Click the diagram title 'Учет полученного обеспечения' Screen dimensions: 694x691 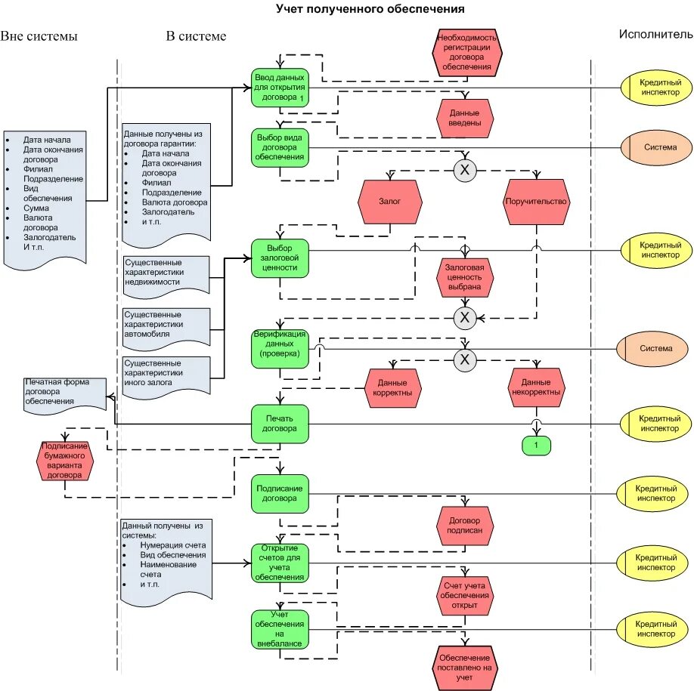(370, 9)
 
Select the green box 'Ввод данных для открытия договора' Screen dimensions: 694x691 (280, 88)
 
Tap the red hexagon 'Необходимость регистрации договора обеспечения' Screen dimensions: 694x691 (467, 53)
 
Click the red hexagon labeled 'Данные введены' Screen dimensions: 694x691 (465, 118)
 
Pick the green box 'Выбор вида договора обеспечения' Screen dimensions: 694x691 (280, 148)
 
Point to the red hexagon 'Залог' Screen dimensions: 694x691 (390, 202)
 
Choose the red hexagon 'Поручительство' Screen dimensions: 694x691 (536, 202)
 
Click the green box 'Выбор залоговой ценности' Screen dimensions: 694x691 (280, 258)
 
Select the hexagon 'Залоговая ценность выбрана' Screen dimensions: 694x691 (465, 277)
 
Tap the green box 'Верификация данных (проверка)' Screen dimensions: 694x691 (280, 349)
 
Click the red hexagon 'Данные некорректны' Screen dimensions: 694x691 (536, 387)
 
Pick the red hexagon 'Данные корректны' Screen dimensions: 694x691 (392, 388)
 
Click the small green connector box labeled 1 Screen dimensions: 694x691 (537, 446)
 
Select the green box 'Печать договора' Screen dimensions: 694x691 (280, 424)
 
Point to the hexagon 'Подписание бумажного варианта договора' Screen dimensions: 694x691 (64, 461)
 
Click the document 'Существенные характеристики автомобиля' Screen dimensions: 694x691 (166, 328)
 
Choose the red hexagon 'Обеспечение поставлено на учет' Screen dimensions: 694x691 (465, 668)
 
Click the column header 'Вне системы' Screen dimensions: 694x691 (39, 36)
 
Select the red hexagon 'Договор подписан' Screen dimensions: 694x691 (465, 526)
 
